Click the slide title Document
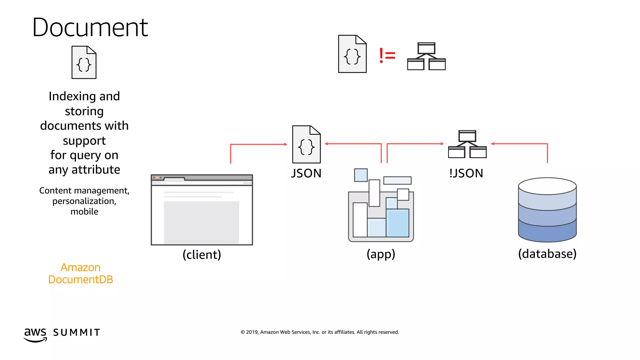(x=90, y=27)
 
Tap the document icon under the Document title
(x=84, y=62)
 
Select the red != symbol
(x=387, y=56)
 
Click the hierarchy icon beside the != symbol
(x=426, y=57)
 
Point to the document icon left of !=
(x=352, y=54)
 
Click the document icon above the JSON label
(x=306, y=144)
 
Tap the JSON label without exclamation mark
(x=306, y=173)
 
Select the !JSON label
(x=466, y=173)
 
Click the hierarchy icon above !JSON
(x=467, y=144)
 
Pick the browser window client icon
(x=202, y=210)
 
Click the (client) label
(x=202, y=254)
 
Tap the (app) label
(x=381, y=254)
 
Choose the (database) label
(x=547, y=254)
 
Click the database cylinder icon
(x=547, y=210)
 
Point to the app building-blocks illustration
(x=381, y=206)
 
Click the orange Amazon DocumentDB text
(x=81, y=273)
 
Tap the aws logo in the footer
(x=35, y=334)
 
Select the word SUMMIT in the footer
(x=77, y=332)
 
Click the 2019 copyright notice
(x=320, y=332)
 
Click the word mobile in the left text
(x=84, y=212)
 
